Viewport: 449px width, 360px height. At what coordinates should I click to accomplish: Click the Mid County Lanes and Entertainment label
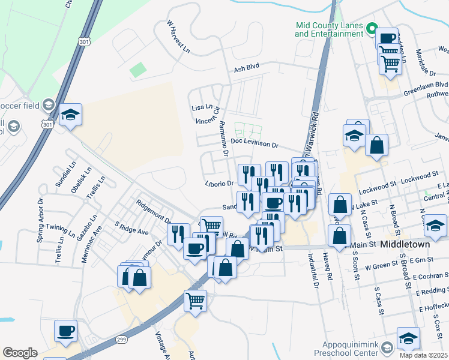(329, 30)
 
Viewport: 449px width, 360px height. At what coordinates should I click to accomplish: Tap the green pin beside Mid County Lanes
(372, 28)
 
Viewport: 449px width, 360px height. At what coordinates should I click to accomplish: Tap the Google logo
(20, 353)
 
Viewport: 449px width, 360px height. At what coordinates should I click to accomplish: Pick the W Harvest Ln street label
(178, 37)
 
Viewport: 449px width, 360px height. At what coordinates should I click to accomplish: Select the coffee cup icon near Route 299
(65, 330)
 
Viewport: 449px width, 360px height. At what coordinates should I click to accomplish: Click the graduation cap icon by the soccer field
(70, 114)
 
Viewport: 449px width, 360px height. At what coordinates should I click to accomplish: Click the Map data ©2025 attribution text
(424, 355)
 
